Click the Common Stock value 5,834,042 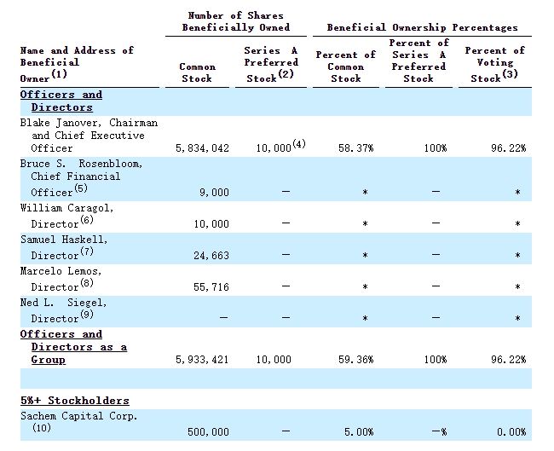coord(202,148)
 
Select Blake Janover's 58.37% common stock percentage coord(355,147)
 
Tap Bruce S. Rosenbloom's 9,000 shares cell coord(214,193)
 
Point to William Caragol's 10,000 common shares coord(211,224)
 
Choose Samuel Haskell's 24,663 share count coord(211,256)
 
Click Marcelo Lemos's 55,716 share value coord(211,287)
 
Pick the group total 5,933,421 coord(202,360)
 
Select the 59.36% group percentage coord(355,360)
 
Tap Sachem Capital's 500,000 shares coord(208,432)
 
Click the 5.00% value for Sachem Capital coord(359,432)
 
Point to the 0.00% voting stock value coord(511,432)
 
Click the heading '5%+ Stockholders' coord(75,401)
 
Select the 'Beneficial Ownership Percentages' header coord(422,27)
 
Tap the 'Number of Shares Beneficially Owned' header coord(236,21)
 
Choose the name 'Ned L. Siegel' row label coord(63,303)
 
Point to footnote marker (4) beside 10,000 coord(299,144)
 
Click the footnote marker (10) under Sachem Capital coord(42,428)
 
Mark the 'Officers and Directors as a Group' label coord(73,347)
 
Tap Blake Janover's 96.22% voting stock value coord(509,147)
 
